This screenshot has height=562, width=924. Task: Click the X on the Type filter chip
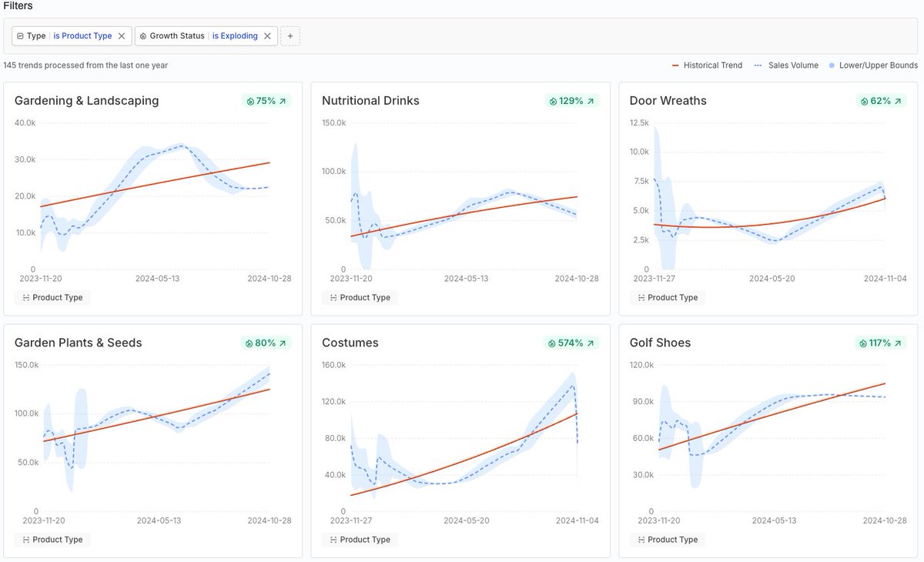122,36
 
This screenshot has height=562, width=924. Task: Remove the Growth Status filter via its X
267,36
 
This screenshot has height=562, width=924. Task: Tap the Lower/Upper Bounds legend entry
873,65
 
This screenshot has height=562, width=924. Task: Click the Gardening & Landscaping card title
86,101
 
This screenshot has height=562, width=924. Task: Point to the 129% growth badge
571,101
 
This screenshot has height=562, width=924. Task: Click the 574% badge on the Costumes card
571,343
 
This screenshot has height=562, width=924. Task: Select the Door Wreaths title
668,101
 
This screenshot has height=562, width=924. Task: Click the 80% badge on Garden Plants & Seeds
266,343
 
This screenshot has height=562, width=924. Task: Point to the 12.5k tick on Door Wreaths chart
639,122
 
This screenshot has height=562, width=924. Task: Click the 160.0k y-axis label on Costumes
333,365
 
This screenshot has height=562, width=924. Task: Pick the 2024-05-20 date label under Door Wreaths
772,279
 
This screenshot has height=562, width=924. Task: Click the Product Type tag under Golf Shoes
668,540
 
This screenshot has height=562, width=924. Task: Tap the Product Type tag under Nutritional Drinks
360,298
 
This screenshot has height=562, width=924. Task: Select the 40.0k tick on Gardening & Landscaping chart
25,122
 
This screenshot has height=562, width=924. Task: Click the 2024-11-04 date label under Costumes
577,521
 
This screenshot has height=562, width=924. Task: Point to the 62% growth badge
881,101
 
